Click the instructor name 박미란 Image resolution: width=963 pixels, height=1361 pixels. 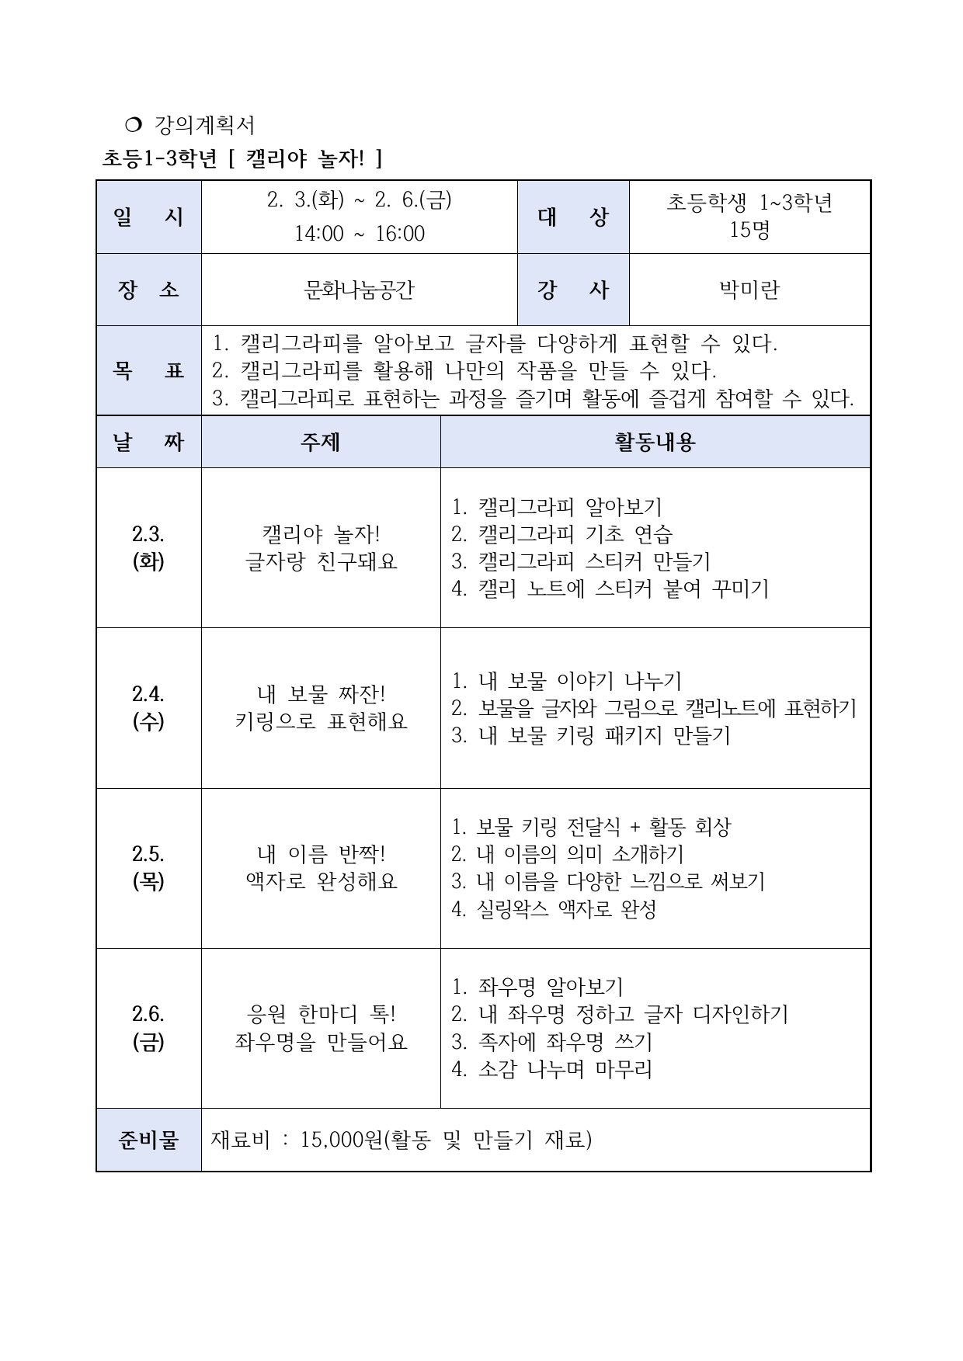click(x=749, y=290)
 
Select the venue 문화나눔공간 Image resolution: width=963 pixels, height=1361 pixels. click(x=359, y=290)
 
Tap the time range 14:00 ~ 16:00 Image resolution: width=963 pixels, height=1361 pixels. click(x=359, y=234)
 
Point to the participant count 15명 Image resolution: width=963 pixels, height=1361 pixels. click(x=749, y=230)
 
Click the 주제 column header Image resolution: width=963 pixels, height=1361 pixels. click(x=320, y=443)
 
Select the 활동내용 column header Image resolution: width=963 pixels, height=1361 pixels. click(x=655, y=443)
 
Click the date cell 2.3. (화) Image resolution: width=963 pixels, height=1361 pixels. click(x=148, y=548)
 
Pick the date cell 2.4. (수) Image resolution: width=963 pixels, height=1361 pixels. click(x=148, y=708)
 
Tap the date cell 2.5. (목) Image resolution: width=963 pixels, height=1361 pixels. click(x=148, y=868)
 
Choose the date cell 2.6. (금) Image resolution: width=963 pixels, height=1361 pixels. click(x=148, y=1028)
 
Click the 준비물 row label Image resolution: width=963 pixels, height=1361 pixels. click(x=148, y=1140)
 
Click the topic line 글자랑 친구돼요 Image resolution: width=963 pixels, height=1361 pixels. click(x=321, y=562)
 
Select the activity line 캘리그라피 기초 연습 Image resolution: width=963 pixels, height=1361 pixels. click(x=561, y=535)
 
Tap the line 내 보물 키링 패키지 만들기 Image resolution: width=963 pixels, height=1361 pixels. click(x=591, y=735)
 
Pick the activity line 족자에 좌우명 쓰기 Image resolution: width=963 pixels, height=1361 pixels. click(x=551, y=1042)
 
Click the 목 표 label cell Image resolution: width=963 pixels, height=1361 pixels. click(x=148, y=371)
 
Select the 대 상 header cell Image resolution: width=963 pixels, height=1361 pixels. click(x=573, y=217)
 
